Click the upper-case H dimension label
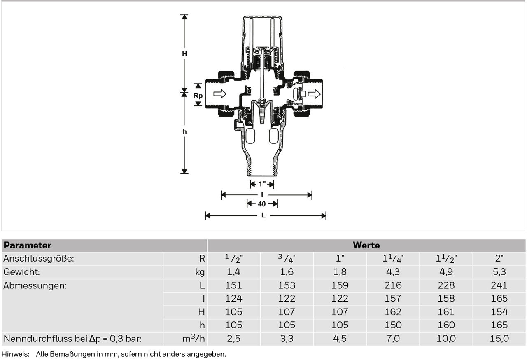184,54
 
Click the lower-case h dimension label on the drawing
185,132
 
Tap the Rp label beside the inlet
198,96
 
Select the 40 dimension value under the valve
261,204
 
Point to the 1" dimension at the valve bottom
262,184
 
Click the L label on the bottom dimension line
263,215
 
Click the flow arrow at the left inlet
220,94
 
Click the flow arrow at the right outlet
314,94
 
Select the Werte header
366,245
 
